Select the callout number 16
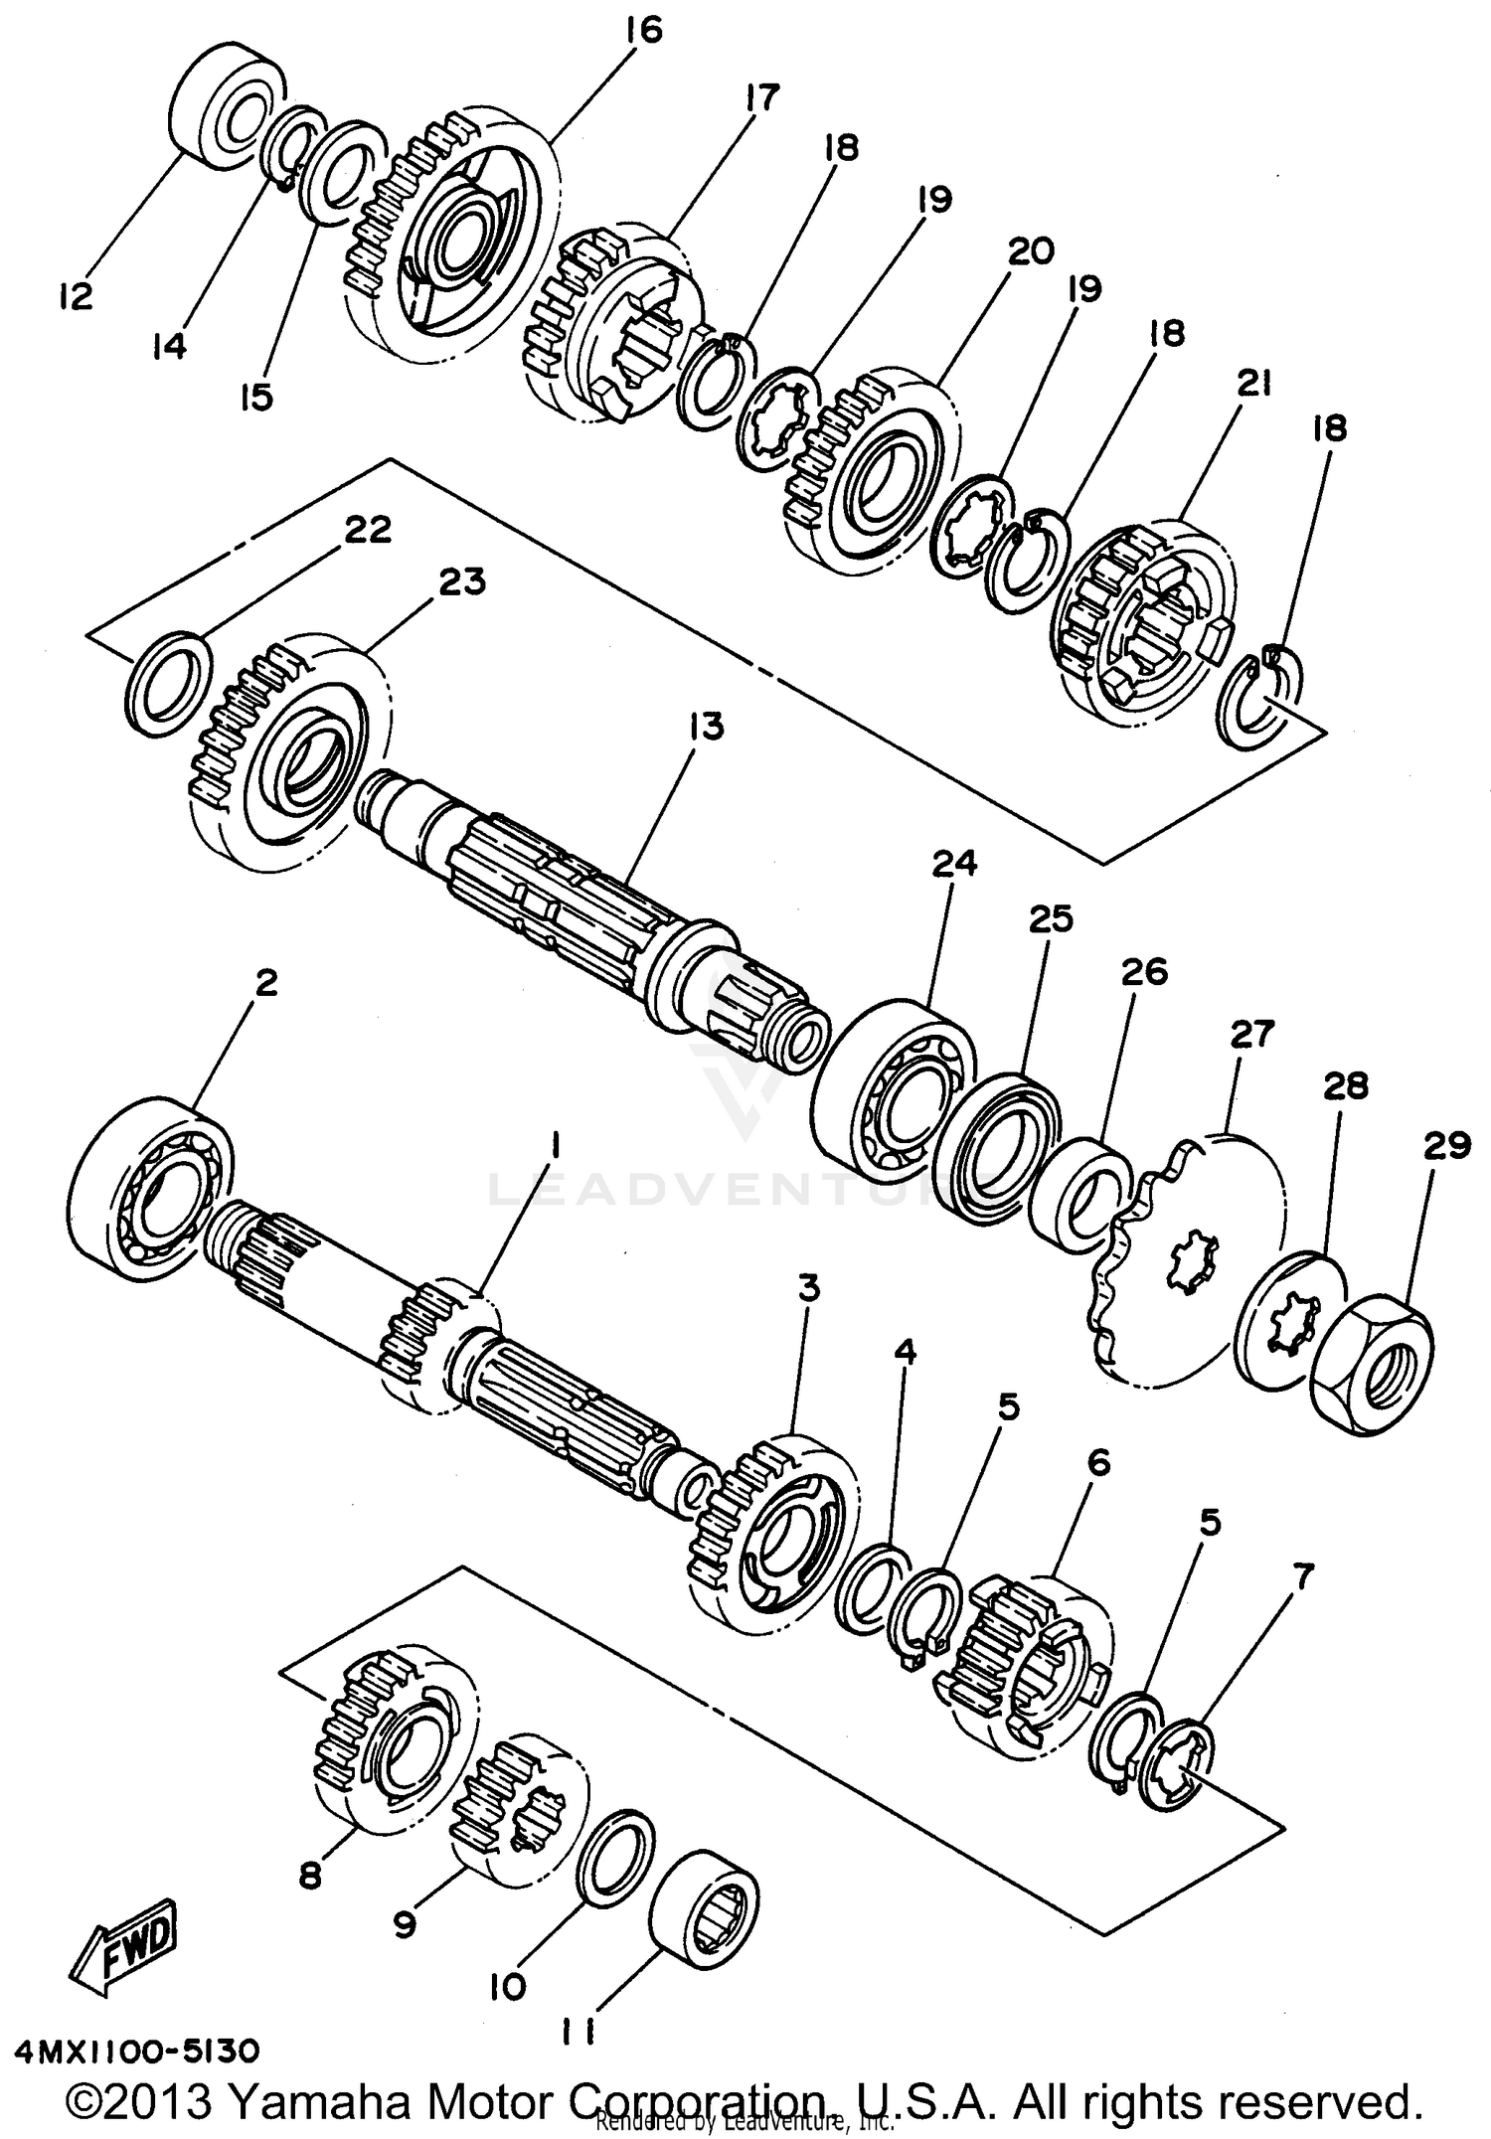643,30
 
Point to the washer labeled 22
168,683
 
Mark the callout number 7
1302,1573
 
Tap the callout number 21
1253,382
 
